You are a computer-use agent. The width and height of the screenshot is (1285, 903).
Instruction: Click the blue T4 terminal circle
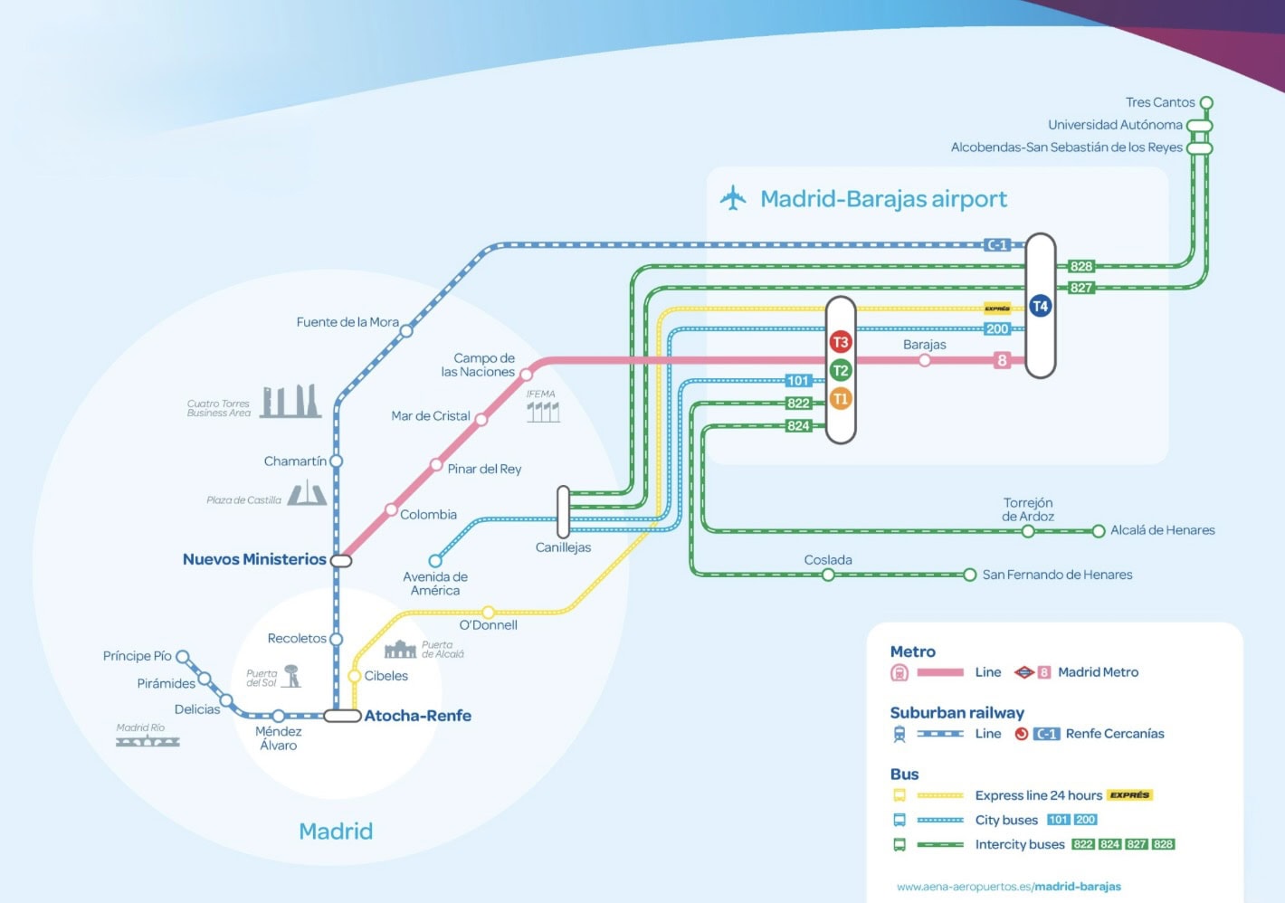1040,306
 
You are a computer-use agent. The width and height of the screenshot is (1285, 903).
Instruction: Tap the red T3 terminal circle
841,342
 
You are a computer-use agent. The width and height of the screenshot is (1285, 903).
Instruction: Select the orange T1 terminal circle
841,399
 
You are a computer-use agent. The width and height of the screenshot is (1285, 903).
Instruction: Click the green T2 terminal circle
841,370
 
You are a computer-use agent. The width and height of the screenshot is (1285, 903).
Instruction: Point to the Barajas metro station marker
924,360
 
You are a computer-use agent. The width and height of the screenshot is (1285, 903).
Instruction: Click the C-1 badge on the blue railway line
997,244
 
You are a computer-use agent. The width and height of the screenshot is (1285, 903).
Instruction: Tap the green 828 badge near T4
1081,266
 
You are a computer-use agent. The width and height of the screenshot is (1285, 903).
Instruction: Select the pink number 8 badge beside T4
1002,360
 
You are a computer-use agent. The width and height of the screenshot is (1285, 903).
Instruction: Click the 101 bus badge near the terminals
797,381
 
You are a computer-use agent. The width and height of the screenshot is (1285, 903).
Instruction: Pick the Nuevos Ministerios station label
254,559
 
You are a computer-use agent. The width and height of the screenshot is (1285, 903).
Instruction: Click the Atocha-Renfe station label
417,716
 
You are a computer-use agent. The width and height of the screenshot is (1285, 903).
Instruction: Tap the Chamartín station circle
336,461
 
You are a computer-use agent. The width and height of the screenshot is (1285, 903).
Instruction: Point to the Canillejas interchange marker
563,512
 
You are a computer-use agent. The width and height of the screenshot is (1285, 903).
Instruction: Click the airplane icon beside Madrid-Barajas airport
733,198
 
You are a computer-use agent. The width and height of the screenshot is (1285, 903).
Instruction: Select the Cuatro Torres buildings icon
290,402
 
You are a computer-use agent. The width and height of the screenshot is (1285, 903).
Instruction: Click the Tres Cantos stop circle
1205,103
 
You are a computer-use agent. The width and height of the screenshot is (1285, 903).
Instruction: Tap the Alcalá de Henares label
1162,530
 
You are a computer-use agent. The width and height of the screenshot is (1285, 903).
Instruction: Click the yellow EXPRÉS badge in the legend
1129,795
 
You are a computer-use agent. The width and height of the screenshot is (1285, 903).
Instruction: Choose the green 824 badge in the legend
1109,844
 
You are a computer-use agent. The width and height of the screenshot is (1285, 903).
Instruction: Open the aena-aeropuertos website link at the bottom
1008,887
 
